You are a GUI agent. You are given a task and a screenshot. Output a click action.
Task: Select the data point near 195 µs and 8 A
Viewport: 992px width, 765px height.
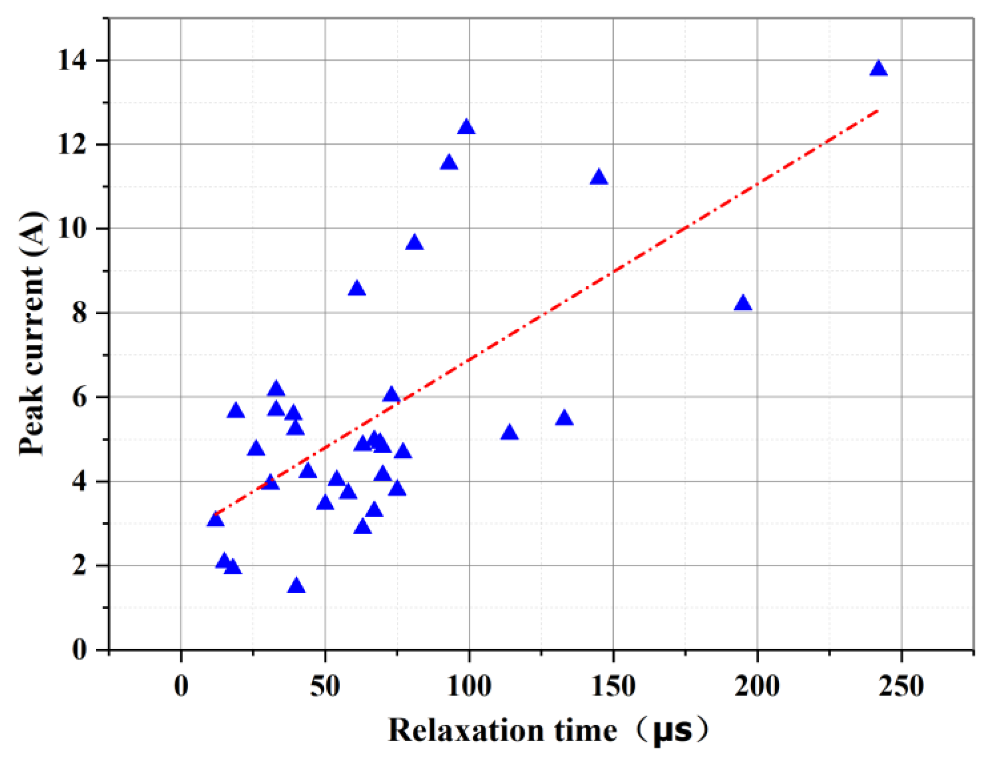[x=743, y=304]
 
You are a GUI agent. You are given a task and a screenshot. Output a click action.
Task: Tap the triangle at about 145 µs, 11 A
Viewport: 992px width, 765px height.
[x=599, y=178]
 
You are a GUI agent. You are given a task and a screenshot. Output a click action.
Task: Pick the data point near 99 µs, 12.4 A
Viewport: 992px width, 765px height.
[x=467, y=128]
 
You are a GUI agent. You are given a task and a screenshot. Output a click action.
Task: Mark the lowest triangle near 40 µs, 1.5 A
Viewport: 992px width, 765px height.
[x=296, y=586]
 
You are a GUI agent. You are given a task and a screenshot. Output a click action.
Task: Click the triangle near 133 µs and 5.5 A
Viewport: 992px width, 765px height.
[x=564, y=418]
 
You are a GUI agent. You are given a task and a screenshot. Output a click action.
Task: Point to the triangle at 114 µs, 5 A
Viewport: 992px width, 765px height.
[x=510, y=433]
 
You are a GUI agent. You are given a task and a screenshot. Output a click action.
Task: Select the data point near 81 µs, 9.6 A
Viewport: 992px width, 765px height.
[x=414, y=243]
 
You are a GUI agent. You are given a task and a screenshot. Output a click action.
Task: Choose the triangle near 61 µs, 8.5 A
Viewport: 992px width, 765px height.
[x=357, y=288]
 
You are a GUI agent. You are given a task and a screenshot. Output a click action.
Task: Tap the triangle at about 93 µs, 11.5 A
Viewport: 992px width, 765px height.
[x=449, y=163]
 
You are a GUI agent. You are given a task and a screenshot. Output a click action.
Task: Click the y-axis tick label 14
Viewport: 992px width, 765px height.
[x=72, y=60]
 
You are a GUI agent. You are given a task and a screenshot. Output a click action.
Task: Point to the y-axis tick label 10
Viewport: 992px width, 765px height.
[x=72, y=229]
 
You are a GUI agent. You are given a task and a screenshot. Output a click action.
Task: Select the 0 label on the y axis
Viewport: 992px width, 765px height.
[x=79, y=650]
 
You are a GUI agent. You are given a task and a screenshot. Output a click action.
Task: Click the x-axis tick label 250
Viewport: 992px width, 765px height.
[x=901, y=686]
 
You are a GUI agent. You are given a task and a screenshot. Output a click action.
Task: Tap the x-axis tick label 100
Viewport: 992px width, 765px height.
[x=469, y=686]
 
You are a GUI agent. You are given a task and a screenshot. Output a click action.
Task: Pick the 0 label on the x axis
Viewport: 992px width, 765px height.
[x=181, y=686]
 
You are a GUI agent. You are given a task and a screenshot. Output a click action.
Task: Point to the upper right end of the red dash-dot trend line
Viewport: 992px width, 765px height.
[x=878, y=110]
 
